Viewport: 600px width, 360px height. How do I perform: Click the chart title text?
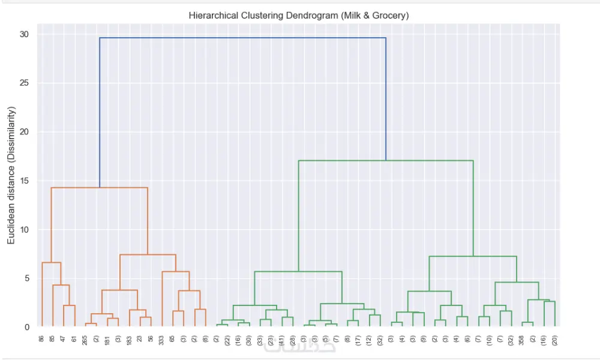[299, 16]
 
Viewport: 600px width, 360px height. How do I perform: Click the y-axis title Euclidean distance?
[11, 175]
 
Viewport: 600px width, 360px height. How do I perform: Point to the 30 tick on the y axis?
[24, 35]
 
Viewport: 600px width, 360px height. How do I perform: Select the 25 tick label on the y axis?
[24, 83]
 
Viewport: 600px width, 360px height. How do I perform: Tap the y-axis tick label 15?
[24, 181]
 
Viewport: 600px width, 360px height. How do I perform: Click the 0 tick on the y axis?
[26, 328]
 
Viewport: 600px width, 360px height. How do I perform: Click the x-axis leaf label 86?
[42, 339]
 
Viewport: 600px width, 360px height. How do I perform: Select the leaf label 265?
[85, 340]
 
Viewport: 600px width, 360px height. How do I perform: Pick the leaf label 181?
[107, 340]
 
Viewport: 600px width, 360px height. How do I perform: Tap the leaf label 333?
[162, 340]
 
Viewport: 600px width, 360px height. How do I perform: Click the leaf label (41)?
[282, 341]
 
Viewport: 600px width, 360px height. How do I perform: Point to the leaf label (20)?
[555, 341]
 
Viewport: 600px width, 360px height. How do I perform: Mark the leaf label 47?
[64, 339]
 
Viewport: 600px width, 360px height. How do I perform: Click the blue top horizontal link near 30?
[242, 38]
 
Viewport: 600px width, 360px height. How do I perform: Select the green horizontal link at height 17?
[386, 161]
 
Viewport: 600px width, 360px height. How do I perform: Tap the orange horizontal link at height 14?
[100, 188]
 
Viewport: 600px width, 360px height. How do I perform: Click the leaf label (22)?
[227, 341]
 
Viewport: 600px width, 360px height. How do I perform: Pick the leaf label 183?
[129, 340]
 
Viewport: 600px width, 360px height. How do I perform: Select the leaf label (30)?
[249, 341]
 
